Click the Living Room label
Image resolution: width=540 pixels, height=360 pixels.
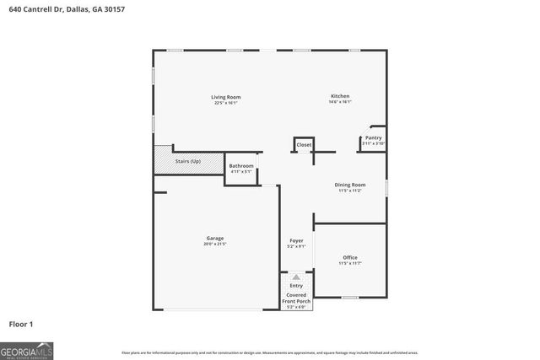[226, 97]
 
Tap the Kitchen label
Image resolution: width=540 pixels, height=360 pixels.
[340, 96]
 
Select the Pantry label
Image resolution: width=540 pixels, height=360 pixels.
[373, 137]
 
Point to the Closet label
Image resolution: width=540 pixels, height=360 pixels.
[304, 145]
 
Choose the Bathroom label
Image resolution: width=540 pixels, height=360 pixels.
[241, 165]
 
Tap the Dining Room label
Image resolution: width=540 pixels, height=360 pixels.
[350, 185]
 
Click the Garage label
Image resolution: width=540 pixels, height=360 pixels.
[215, 238]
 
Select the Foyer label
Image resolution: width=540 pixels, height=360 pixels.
[295, 241]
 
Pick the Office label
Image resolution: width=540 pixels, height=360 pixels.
[350, 257]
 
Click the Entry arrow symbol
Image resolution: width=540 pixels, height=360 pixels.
[296, 276]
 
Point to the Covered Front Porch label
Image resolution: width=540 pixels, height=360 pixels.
[296, 298]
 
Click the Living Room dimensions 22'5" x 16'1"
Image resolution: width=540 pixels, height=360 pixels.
[226, 103]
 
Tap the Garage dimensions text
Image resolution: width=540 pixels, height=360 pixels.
[215, 244]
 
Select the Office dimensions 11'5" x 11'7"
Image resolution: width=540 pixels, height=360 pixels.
[350, 263]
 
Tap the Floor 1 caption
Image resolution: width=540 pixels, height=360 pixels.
[21, 324]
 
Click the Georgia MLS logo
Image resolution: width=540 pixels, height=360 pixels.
[26, 349]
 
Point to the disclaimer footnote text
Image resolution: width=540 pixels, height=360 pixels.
[270, 352]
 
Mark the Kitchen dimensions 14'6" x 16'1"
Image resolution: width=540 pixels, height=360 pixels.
[340, 102]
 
